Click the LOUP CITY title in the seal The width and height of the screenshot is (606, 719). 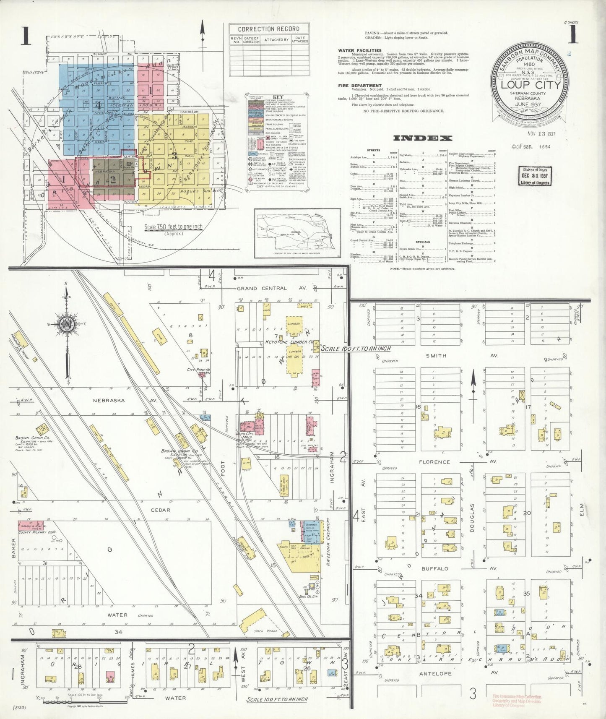tap(531, 84)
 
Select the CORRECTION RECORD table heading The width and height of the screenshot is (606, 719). tap(269, 29)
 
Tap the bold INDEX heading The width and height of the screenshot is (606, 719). tap(422, 138)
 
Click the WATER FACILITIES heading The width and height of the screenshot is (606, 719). tap(360, 50)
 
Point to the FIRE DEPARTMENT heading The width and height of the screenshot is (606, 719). tap(360, 86)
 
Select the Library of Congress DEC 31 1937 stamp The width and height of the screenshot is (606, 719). tap(534, 176)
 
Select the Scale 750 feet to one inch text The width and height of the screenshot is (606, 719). tap(173, 227)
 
